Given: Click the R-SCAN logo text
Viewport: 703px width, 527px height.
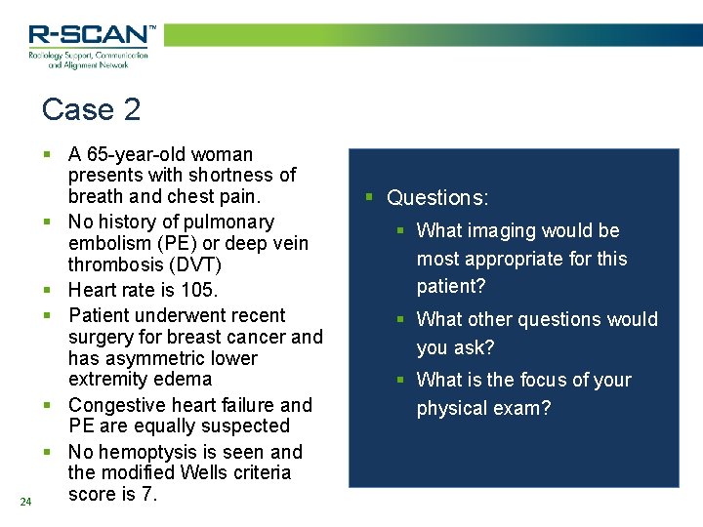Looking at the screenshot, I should click(89, 35).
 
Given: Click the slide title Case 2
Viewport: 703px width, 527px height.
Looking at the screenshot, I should click(92, 109).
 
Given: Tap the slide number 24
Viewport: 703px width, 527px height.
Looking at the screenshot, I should click(25, 502).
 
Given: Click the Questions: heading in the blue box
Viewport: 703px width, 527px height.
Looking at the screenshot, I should click(437, 198).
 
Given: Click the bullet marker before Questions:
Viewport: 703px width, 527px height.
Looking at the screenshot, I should click(369, 198).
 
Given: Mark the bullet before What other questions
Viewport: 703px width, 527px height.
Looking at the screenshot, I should click(400, 319).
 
